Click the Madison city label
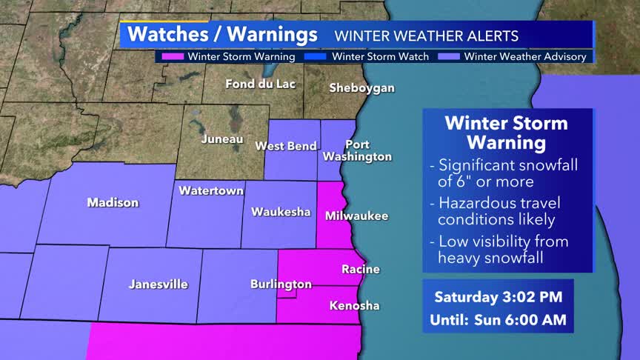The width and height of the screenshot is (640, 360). (x=113, y=202)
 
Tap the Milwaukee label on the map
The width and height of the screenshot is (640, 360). (x=356, y=216)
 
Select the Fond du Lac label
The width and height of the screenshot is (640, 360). (x=260, y=84)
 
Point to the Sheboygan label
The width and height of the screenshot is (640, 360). (x=361, y=88)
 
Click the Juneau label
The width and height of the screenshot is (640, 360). (x=222, y=139)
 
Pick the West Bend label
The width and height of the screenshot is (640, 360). (x=286, y=146)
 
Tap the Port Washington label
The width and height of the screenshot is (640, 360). (x=357, y=150)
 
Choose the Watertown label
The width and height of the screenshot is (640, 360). (x=211, y=191)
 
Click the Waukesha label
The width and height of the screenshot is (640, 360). (x=280, y=212)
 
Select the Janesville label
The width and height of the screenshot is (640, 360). (x=159, y=284)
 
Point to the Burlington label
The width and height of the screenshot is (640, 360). (x=281, y=284)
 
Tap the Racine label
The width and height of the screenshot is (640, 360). (x=361, y=270)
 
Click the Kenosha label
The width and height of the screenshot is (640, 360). (x=354, y=305)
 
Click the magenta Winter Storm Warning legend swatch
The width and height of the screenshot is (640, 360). (x=173, y=56)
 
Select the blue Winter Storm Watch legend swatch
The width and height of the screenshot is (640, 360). (x=318, y=56)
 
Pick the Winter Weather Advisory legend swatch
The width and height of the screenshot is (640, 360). (x=450, y=56)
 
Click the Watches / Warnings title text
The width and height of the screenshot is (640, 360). (x=222, y=35)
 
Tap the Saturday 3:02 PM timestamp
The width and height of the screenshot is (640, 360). (x=498, y=297)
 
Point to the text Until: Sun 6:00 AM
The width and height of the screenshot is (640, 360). (x=498, y=321)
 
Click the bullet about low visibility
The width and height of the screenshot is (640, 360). (x=503, y=250)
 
